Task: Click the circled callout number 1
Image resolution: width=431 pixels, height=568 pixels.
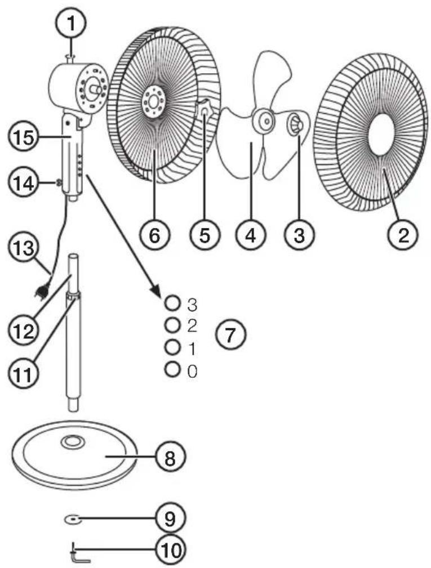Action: click(71, 24)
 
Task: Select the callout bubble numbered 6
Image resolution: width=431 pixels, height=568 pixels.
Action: click(154, 235)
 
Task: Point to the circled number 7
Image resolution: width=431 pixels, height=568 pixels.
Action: click(230, 335)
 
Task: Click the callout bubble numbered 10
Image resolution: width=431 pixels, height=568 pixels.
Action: click(170, 551)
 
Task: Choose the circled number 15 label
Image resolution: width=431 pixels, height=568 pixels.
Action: click(24, 138)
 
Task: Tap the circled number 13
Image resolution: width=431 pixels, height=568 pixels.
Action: click(24, 248)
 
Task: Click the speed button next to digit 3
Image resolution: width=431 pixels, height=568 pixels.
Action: click(172, 303)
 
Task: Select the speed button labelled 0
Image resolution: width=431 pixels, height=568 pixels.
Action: click(172, 369)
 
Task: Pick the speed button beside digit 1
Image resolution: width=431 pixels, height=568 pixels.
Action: click(172, 347)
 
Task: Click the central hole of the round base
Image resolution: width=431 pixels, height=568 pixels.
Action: click(72, 441)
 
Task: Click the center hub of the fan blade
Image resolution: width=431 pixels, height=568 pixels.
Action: click(266, 120)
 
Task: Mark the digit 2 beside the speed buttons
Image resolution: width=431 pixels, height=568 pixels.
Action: click(192, 327)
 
